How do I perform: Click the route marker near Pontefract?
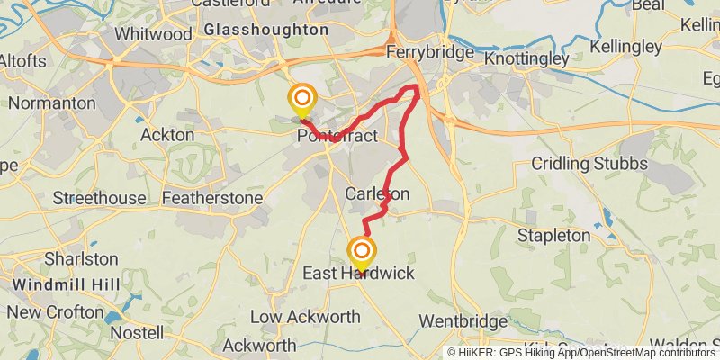click(301, 98)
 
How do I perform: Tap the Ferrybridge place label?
click(429, 52)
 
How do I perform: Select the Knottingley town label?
click(526, 58)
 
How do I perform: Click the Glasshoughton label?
click(265, 30)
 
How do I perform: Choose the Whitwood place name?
click(154, 34)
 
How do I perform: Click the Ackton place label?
click(167, 135)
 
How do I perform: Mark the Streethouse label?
click(99, 197)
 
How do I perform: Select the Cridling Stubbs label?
click(589, 164)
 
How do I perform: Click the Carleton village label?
click(377, 193)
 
